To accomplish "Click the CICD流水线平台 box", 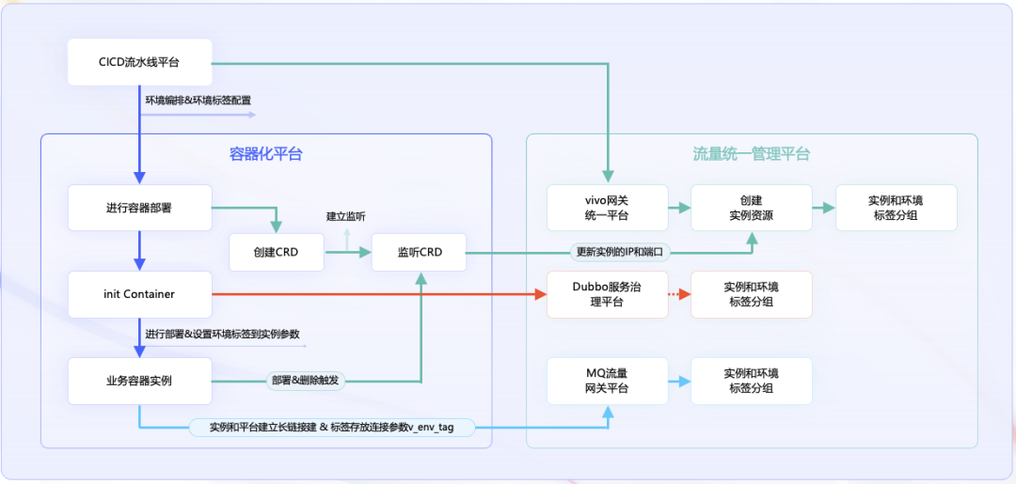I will tap(139, 62).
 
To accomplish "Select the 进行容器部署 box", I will tap(139, 208).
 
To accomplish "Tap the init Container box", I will tap(139, 294).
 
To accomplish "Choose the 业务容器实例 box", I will tap(139, 381).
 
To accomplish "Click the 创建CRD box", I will tap(276, 252).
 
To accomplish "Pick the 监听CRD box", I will tap(419, 252).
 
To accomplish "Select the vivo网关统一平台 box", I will tap(607, 208).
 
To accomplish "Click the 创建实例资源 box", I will tap(751, 208).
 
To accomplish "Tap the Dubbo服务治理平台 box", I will tap(607, 294).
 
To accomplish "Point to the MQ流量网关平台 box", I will tap(607, 381).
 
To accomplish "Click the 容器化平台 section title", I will tap(266, 154).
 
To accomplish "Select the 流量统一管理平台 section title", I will tap(751, 154).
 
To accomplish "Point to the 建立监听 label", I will tap(345, 217).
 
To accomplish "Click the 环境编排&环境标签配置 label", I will tap(198, 100).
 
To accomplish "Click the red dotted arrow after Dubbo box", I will tap(679, 294).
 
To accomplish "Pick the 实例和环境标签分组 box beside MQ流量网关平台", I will tap(751, 381).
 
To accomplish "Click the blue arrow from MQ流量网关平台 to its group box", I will tap(679, 381).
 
